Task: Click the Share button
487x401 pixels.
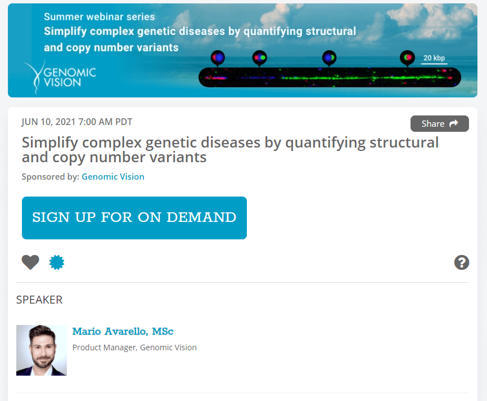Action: (439, 123)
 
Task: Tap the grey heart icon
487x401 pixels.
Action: (30, 262)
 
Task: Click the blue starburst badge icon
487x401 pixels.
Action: (57, 262)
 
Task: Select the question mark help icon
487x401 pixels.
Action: (462, 262)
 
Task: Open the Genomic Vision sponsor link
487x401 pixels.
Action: (113, 177)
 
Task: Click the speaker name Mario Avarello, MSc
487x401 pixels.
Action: (123, 331)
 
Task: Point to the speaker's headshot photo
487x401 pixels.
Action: (42, 350)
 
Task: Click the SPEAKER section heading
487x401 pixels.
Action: (39, 300)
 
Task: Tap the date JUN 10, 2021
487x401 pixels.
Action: (48, 122)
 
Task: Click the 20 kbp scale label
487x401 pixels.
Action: (434, 58)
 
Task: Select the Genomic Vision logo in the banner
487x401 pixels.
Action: (60, 77)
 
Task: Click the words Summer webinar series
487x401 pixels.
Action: (99, 17)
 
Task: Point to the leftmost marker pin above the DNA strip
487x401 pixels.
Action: (218, 58)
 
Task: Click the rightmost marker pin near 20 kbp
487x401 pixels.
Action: (408, 58)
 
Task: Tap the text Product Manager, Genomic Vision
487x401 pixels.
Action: (134, 347)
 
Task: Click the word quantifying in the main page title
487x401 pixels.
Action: (325, 143)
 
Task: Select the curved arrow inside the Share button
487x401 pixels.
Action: (454, 123)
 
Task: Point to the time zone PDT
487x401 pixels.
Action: (124, 122)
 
